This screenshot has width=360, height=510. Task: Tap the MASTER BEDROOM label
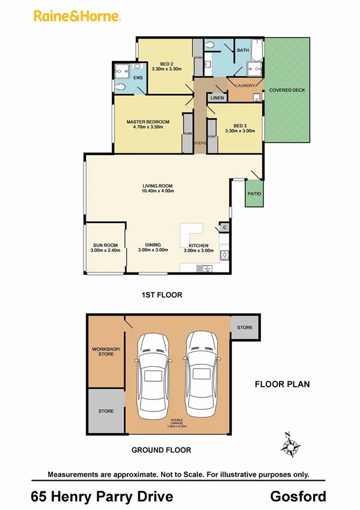point(148,121)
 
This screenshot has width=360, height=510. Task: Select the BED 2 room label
point(166,64)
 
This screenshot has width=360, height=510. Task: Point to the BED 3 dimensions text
point(236,131)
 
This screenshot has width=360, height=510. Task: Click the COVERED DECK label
point(287,90)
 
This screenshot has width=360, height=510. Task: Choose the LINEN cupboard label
point(217,97)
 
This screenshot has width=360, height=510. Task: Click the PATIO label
point(254,194)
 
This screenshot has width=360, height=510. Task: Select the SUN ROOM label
point(105,245)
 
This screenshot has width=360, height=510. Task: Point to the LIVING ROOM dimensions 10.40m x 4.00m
point(157,191)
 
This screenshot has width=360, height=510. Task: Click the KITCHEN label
point(198,245)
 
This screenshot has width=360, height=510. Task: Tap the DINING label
point(153,245)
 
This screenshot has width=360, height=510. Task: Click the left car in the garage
point(152,376)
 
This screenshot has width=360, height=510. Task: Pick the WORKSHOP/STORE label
point(103,351)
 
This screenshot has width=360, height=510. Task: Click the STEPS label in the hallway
point(200,143)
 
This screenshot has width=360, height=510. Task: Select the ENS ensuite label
point(138,78)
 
